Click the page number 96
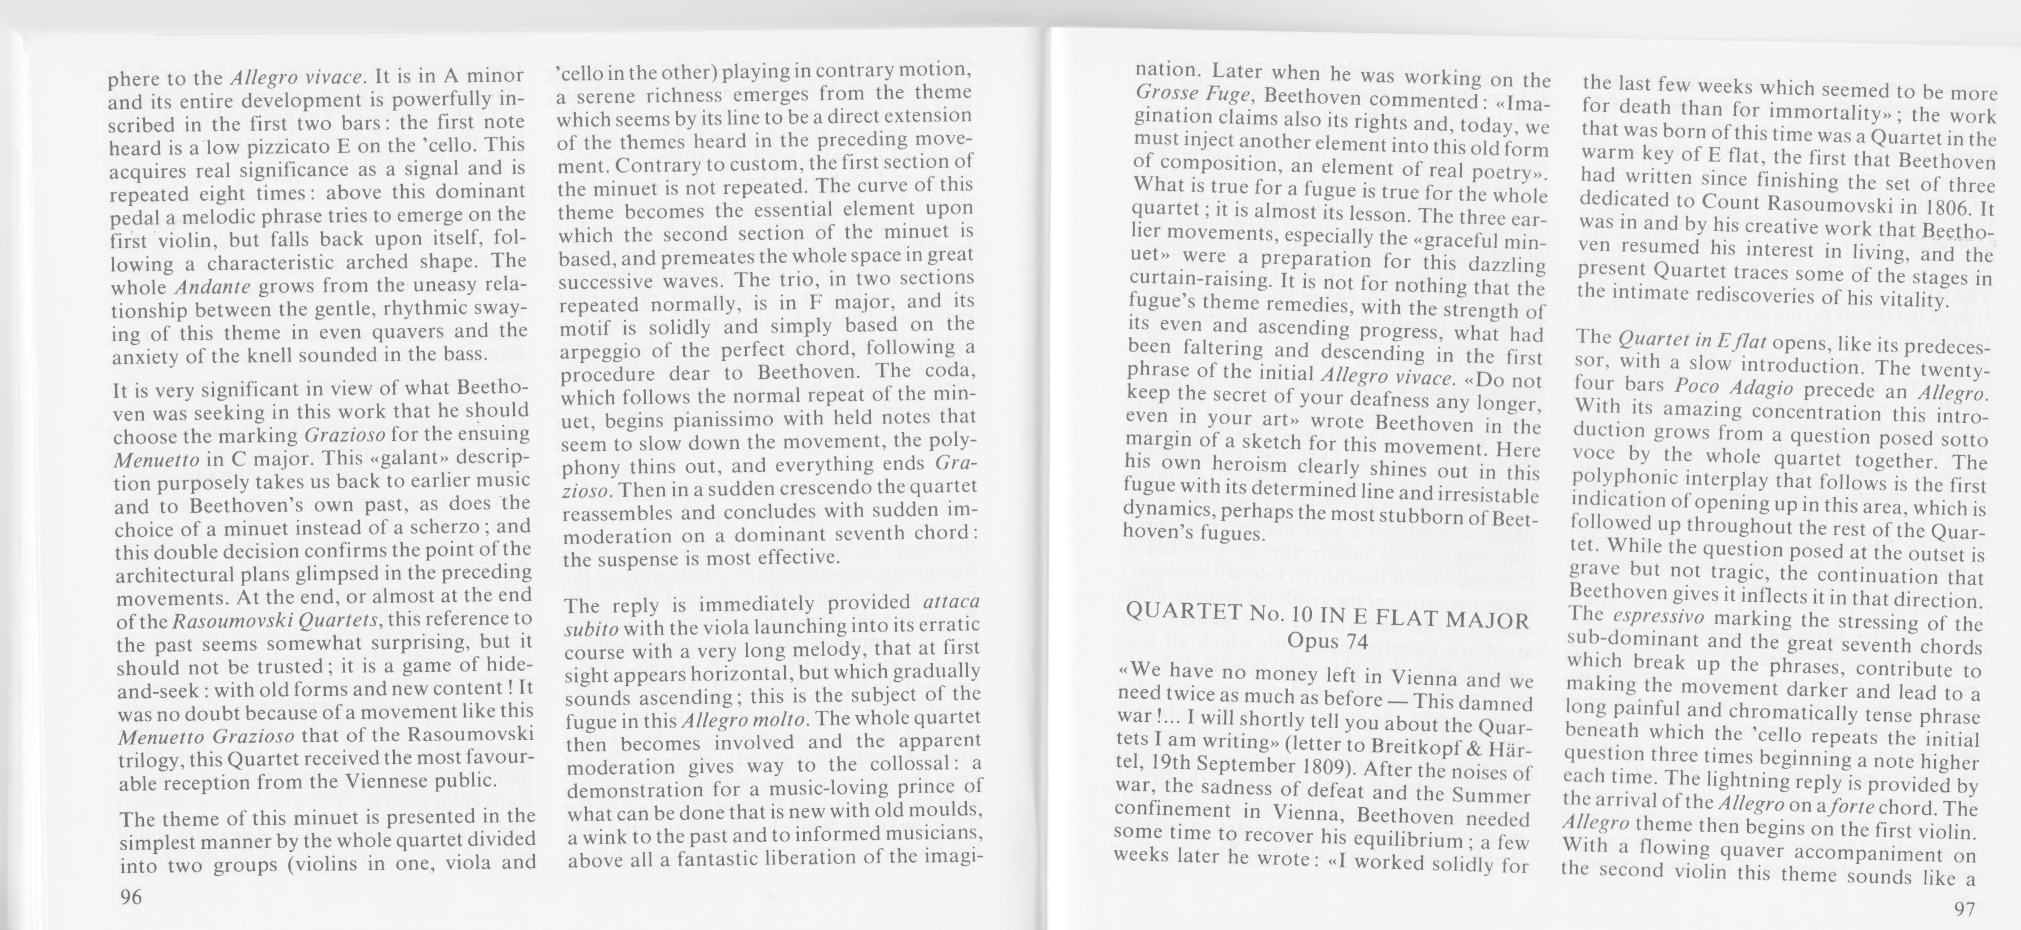click(131, 897)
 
